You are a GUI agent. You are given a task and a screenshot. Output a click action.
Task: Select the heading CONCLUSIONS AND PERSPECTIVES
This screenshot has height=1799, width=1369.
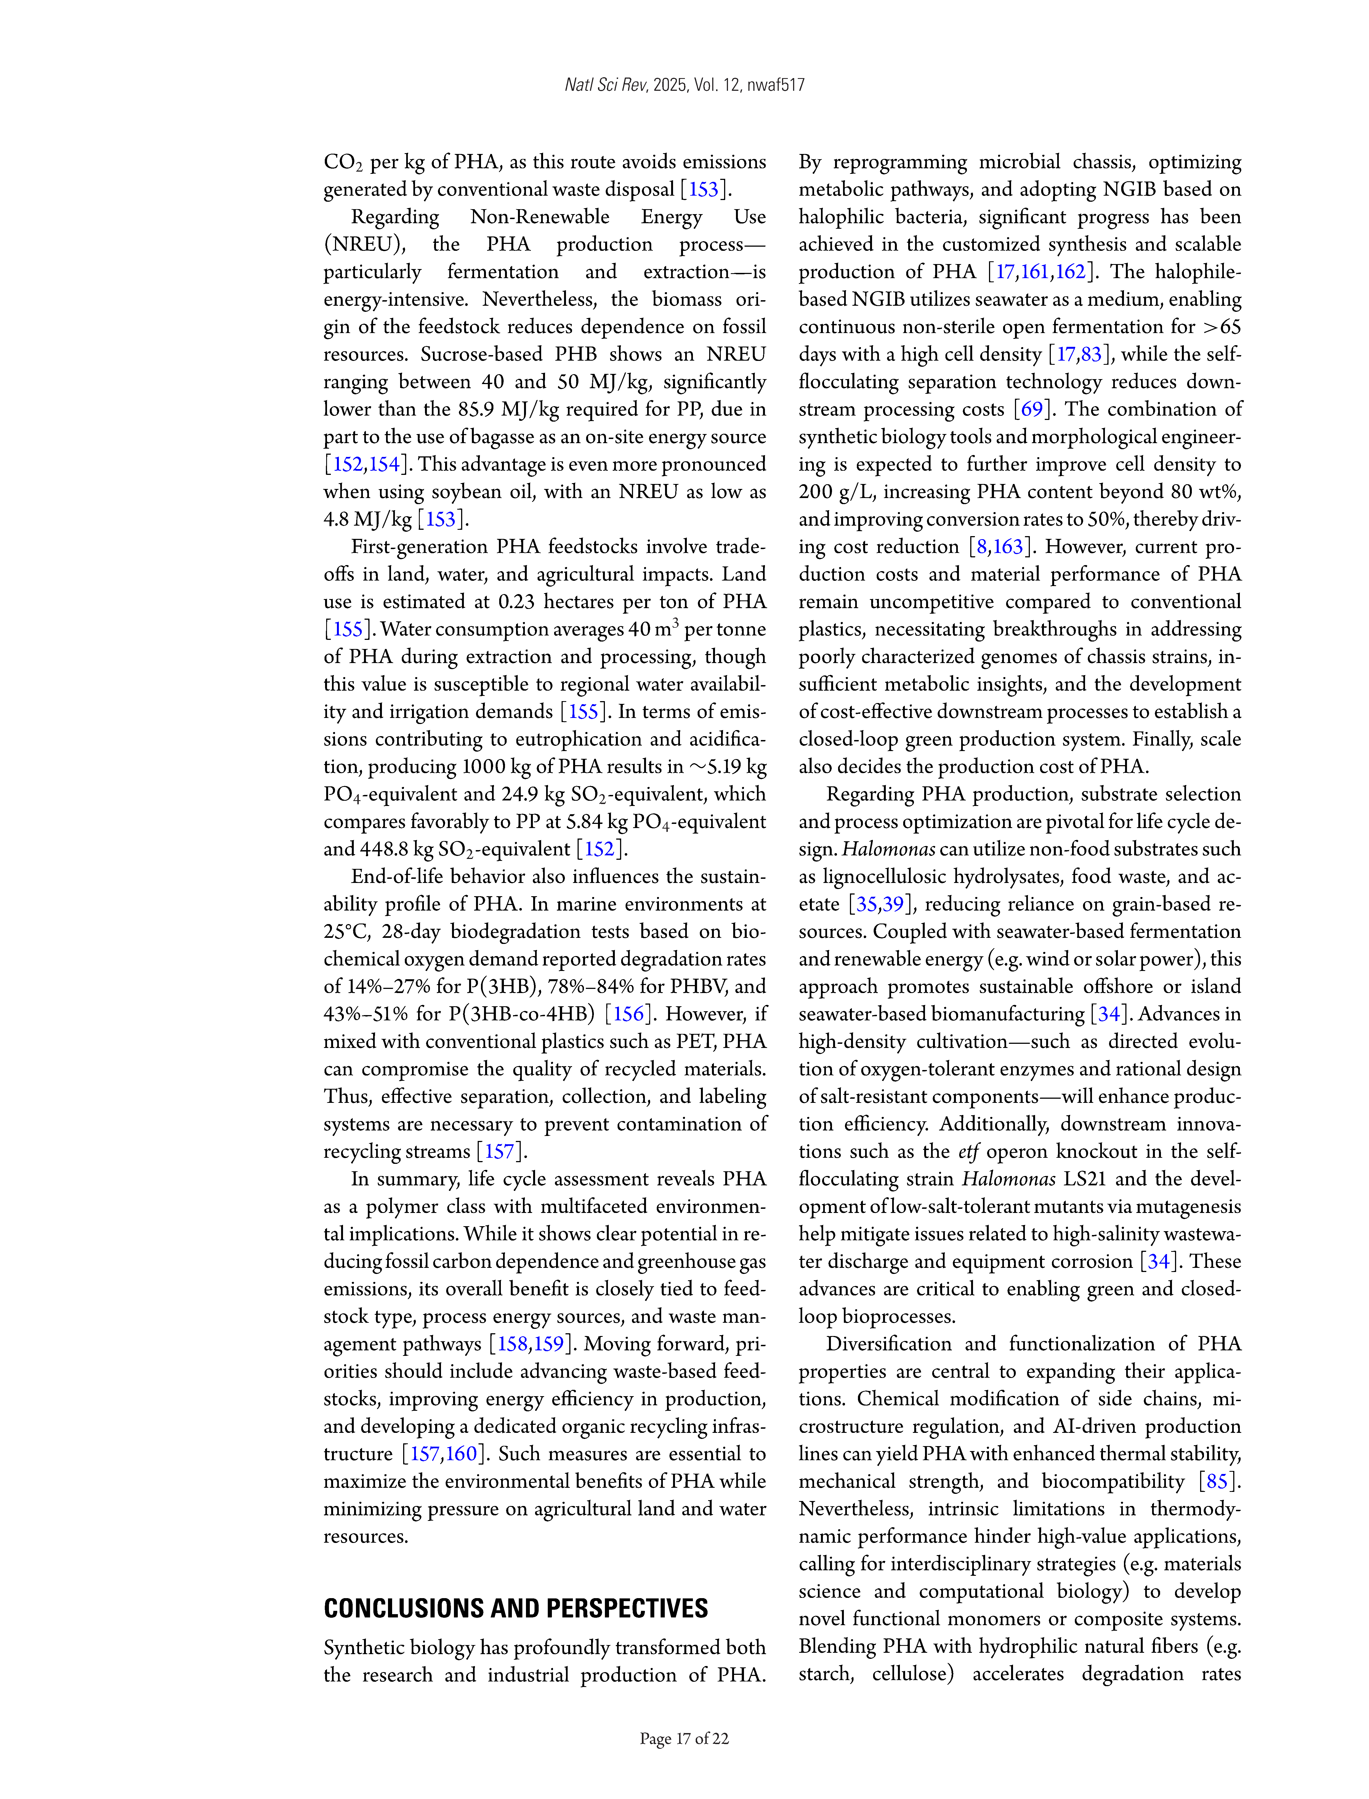click(516, 1608)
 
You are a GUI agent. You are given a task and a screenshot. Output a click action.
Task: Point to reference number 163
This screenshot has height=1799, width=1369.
click(1007, 547)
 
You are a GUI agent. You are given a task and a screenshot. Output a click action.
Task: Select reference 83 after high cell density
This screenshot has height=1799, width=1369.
click(1091, 355)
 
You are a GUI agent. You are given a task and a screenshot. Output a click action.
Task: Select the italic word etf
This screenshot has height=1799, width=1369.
click(968, 1151)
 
